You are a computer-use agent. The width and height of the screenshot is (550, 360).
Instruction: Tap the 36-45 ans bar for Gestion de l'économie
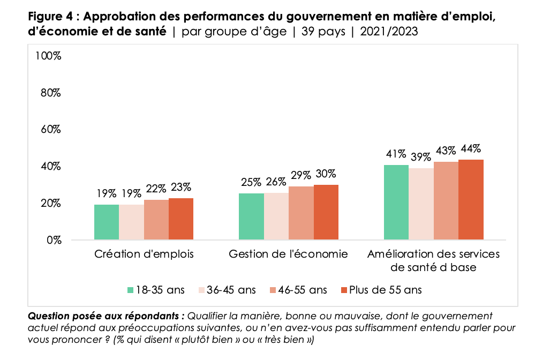coord(276,216)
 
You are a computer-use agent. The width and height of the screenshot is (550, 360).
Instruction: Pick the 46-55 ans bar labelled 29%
coord(301,213)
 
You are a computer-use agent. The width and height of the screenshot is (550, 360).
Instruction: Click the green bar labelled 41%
coord(397,202)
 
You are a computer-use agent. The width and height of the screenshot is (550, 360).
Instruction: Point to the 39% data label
coord(421,157)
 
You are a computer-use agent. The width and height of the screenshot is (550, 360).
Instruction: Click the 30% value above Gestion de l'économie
coord(326,174)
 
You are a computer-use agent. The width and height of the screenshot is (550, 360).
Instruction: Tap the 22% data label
coord(156,189)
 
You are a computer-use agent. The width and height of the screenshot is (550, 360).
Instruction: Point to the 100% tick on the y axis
coord(48,56)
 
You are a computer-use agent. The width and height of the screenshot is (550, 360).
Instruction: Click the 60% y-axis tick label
coord(51,130)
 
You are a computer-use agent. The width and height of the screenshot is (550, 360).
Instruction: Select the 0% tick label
coord(54,240)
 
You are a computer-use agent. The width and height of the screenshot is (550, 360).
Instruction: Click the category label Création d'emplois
coord(144,254)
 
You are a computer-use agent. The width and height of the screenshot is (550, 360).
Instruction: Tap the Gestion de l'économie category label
coord(288,254)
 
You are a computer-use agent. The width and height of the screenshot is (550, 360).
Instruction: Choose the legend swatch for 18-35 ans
coord(130,290)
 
